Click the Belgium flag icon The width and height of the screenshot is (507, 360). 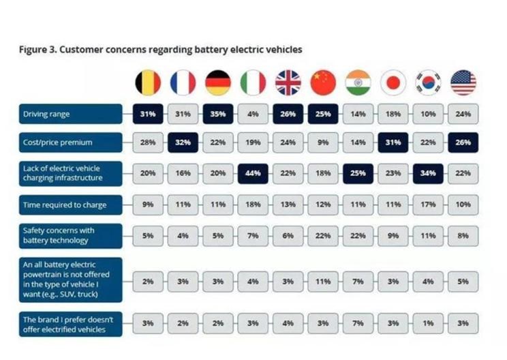click(148, 82)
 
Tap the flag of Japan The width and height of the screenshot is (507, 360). click(393, 82)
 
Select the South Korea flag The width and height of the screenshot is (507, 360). click(428, 82)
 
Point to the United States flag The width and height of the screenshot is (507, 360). click(463, 82)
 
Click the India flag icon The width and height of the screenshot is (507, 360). click(358, 82)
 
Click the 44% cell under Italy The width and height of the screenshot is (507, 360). click(253, 173)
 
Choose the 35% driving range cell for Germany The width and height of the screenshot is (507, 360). click(218, 114)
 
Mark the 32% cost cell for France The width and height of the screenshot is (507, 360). click(183, 142)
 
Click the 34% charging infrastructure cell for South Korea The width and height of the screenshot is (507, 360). click(428, 173)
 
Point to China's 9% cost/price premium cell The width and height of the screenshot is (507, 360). click(323, 142)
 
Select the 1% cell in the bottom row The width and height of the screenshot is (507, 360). click(428, 323)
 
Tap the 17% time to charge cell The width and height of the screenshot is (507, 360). click(428, 205)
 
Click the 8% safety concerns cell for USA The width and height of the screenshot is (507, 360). click(463, 236)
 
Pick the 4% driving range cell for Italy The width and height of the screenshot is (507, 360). click(253, 114)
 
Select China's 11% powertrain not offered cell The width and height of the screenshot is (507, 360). click(323, 282)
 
